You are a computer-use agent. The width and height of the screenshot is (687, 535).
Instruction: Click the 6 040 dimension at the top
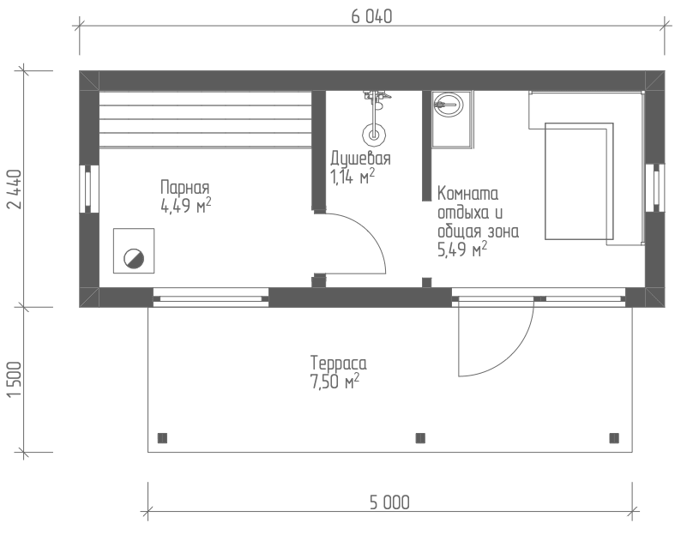371,16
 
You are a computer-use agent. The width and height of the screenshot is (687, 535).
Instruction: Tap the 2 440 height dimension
15,189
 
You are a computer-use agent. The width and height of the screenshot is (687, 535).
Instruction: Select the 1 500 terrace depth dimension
15,380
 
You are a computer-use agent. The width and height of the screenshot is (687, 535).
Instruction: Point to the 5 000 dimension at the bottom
389,502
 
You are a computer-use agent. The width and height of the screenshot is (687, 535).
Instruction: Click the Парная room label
185,188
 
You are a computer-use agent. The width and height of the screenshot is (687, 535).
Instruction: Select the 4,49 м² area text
186,205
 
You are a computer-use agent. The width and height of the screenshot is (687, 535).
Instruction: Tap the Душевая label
360,158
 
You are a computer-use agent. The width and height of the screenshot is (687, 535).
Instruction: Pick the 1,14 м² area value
353,177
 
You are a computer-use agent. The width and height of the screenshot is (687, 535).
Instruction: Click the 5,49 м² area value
462,249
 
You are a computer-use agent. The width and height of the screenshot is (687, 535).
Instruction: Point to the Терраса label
338,364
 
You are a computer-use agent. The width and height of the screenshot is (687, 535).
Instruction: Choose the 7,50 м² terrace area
334,382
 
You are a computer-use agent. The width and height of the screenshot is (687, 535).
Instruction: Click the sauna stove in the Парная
134,251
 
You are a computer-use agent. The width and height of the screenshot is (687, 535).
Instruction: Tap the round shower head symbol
374,135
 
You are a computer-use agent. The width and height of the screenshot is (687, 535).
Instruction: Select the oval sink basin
448,105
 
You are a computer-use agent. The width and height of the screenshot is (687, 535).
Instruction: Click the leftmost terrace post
162,438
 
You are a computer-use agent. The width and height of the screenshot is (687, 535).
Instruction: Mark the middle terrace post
420,438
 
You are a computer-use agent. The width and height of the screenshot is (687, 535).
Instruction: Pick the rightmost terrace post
614,438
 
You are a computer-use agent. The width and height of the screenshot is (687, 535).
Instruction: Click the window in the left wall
89,189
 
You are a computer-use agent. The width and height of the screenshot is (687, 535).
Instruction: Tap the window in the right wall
655,188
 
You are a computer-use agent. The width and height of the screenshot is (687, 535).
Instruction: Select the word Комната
468,193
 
